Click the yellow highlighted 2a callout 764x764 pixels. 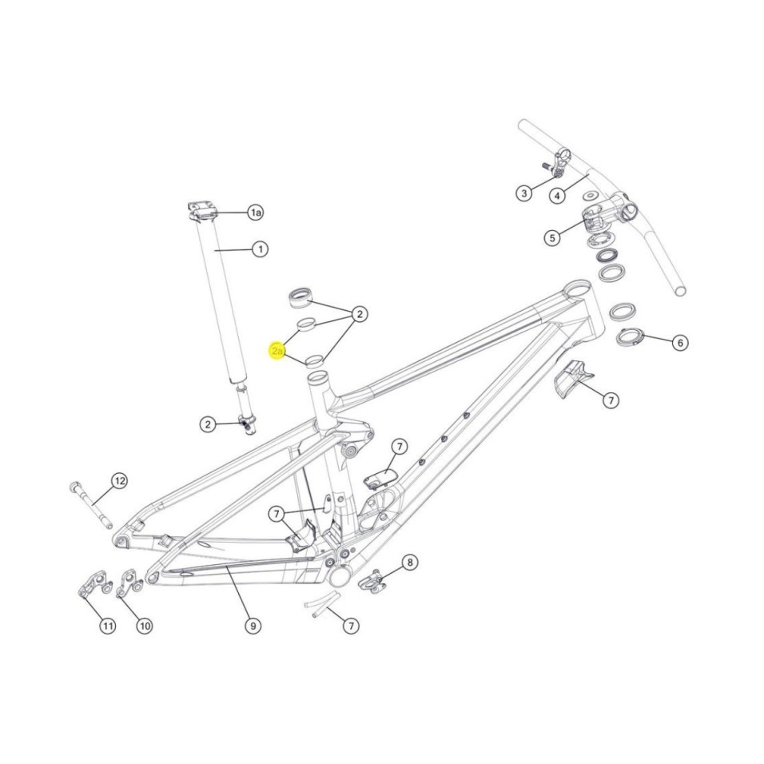tap(277, 351)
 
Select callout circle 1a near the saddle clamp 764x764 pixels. tap(255, 213)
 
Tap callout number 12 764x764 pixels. tap(119, 481)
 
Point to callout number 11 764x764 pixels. tap(108, 626)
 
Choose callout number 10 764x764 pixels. tap(144, 626)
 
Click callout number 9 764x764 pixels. tap(253, 626)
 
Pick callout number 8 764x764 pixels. tap(410, 563)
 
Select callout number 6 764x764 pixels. tap(680, 343)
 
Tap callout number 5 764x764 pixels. tap(552, 238)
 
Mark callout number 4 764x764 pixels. tap(557, 196)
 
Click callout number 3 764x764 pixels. tap(524, 193)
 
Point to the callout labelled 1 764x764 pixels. tap(261, 249)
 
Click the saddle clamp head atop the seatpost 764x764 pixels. tap(202, 211)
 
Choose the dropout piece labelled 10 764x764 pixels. tap(129, 583)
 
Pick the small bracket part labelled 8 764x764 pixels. tap(372, 582)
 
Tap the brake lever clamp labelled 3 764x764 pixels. tap(557, 164)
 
